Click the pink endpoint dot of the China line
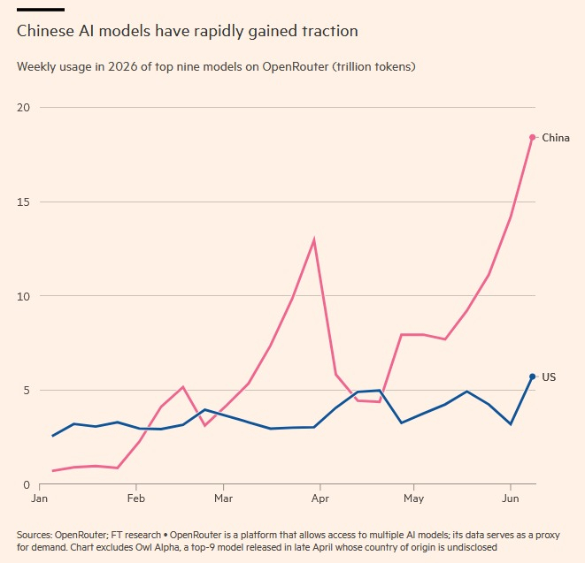point(533,138)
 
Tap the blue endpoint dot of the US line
point(533,377)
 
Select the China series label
point(556,138)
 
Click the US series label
point(549,377)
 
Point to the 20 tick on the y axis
point(23,108)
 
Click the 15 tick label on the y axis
point(23,202)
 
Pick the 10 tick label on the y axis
point(23,297)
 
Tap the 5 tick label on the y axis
point(27,391)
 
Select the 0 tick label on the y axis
point(27,484)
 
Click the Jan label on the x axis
point(39,498)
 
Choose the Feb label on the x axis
point(135,498)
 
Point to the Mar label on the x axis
point(224,498)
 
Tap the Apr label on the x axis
point(320,498)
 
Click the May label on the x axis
point(414,498)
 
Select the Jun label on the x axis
point(511,498)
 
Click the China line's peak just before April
point(314,240)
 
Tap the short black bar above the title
point(41,10)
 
